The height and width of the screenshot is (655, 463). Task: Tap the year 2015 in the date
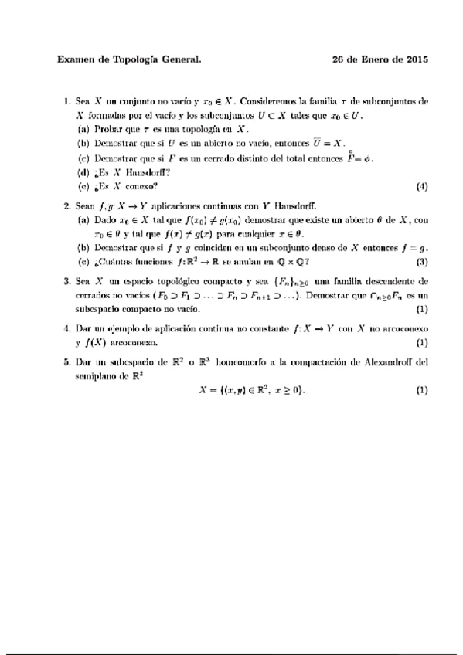(415, 59)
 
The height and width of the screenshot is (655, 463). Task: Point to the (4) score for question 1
(421, 186)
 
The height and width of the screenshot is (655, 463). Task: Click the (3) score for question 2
(421, 261)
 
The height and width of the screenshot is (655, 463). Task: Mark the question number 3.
(66, 282)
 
